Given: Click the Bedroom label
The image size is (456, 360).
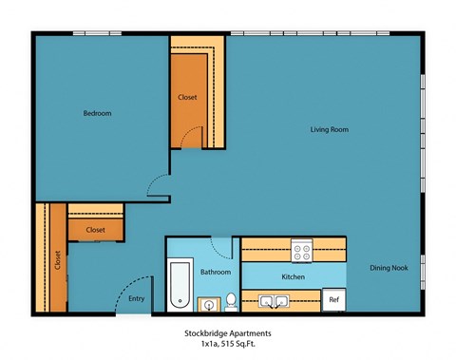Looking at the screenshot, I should (97, 113).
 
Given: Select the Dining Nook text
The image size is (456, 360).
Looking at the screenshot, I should (389, 268).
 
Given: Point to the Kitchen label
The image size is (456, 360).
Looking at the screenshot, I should (293, 276).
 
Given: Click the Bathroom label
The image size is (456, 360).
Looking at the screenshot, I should (216, 273).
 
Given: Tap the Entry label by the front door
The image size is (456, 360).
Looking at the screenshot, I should (137, 299).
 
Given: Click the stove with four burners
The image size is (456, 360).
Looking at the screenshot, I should (302, 252).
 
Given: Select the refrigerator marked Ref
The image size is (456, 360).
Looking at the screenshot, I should (333, 299).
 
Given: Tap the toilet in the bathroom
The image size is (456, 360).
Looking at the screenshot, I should (230, 302).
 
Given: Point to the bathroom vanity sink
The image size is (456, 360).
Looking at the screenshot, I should (208, 304).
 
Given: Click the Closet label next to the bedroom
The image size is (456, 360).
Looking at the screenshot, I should (187, 98).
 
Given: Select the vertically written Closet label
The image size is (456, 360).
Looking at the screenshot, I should (57, 258).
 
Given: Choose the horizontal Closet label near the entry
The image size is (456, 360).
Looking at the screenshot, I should (95, 230).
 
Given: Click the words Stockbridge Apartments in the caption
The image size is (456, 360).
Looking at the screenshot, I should (227, 333).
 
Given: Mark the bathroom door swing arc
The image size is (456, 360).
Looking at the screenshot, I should (224, 249).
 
